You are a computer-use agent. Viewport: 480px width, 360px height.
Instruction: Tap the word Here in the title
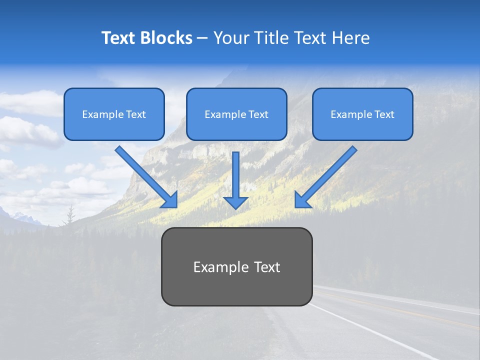point(350,38)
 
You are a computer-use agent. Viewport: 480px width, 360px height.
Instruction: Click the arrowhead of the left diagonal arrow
point(170,200)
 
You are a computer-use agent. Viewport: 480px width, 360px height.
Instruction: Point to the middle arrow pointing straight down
point(235,180)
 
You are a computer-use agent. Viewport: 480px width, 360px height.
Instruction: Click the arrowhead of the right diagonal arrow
point(302,200)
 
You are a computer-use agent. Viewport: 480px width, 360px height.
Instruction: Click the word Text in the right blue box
point(384,114)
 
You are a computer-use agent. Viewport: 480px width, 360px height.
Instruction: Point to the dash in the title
point(202,38)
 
